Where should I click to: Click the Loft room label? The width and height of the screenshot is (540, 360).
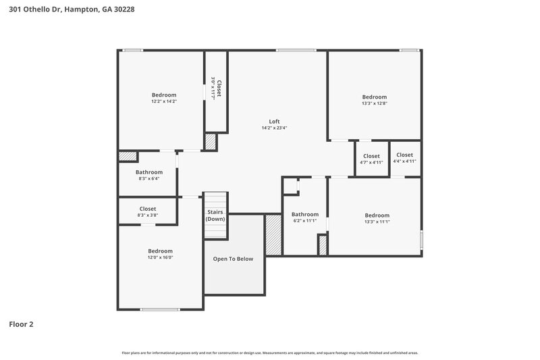pos(275,122)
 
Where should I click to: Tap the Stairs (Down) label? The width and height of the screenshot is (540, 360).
pos(215,215)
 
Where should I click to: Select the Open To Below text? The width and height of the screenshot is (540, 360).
pos(233,259)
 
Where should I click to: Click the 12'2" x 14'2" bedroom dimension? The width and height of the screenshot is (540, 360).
pos(164,101)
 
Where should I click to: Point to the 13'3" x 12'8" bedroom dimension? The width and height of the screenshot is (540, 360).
pos(374,103)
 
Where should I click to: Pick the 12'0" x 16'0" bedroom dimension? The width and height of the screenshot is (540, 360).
pos(161,257)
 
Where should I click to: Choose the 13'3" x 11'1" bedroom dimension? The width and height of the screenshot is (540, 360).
pos(377,222)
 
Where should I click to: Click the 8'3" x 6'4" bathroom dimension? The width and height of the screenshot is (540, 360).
pos(149,178)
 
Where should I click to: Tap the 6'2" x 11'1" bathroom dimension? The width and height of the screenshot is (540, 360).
pos(304,221)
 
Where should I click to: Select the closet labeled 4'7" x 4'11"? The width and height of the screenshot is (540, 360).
pos(371,162)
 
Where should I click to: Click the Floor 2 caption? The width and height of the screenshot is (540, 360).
pos(21,324)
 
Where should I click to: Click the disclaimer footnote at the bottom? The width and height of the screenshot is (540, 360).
pos(269,353)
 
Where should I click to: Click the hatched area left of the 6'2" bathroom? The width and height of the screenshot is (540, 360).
pos(273,234)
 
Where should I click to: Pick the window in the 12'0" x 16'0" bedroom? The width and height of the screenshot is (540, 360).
pos(160,309)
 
